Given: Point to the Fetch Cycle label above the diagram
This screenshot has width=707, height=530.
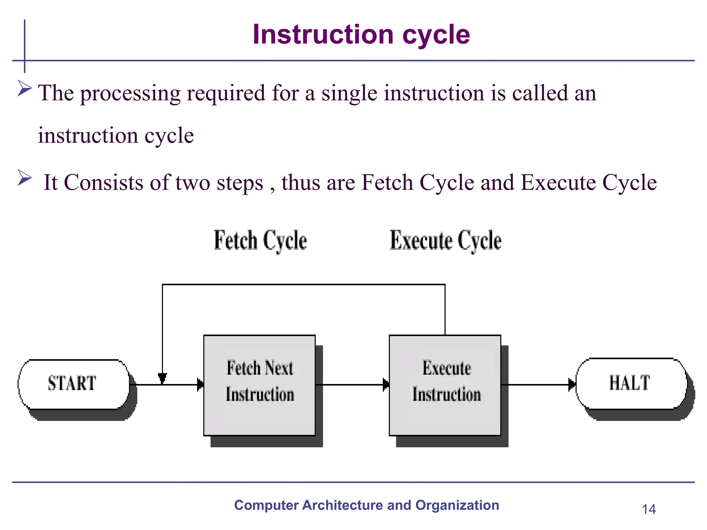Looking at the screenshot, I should point(260,240).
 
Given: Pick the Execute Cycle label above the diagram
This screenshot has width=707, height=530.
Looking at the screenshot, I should point(445,240).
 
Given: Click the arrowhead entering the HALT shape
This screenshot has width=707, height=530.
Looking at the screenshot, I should point(572,384).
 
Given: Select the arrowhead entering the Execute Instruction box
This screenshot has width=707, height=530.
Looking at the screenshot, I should point(386,384).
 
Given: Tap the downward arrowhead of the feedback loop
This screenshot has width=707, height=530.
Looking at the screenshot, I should point(162,378).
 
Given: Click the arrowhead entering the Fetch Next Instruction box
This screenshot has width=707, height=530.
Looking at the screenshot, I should point(201,384).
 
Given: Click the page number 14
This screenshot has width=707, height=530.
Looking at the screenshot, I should point(649,509).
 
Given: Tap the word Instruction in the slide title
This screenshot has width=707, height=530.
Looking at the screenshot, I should point(323,35).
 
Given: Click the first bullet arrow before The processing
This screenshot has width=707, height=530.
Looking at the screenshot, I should point(25,88).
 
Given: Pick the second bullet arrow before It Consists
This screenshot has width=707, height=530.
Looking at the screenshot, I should point(25,178).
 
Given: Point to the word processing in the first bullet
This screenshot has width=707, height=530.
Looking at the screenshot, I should point(130,94).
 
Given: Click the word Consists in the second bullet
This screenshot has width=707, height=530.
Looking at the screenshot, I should point(103,183).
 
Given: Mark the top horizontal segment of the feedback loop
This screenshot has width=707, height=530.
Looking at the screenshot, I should point(304,285).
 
